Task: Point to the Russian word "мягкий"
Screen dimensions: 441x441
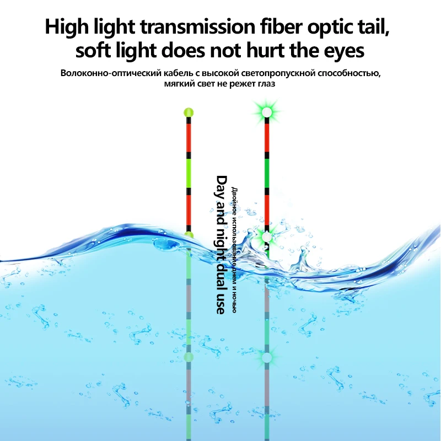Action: point(180,84)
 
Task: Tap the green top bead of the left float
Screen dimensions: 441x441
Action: point(189,112)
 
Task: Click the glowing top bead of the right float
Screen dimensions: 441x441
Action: point(267,112)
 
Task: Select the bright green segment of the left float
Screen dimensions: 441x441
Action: point(189,173)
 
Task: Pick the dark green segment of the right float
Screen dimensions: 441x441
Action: point(267,173)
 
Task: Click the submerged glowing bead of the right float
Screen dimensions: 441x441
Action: point(267,357)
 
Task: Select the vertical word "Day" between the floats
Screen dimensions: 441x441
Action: point(221,186)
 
